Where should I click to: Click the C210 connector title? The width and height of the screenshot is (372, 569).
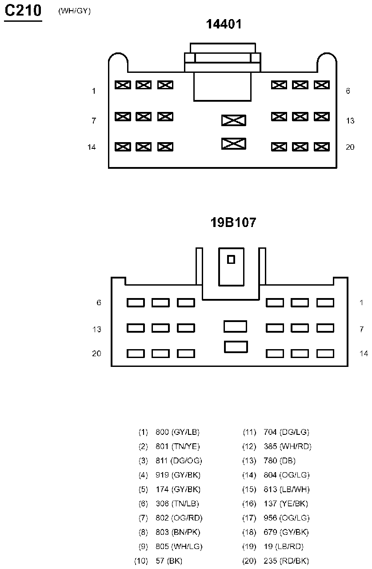(x=23, y=11)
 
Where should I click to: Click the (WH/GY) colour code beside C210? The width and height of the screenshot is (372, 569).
(x=75, y=11)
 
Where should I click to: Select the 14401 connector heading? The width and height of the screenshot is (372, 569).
(x=224, y=24)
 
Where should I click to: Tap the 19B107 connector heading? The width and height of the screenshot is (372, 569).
(x=233, y=222)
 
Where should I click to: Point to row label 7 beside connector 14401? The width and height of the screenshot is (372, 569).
(x=94, y=120)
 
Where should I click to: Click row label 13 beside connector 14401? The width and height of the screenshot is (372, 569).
(x=350, y=120)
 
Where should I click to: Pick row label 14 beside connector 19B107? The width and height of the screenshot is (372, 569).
(x=364, y=353)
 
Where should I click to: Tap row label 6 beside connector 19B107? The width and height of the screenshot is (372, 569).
(x=99, y=302)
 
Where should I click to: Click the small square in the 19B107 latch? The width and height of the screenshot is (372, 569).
(x=231, y=259)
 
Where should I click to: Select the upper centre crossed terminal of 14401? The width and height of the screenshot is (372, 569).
(x=233, y=120)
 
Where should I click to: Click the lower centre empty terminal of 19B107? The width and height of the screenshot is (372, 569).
(x=236, y=347)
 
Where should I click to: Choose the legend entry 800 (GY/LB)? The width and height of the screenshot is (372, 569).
(x=177, y=432)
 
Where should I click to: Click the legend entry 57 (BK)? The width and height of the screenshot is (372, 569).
(x=169, y=561)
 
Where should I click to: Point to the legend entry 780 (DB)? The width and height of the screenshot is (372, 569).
(x=280, y=461)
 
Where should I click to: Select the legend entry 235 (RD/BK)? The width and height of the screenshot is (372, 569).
(x=286, y=561)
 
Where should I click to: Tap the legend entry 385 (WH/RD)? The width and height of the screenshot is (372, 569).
(x=288, y=446)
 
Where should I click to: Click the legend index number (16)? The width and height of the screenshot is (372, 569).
(x=249, y=503)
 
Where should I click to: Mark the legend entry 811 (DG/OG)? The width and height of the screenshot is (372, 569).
(x=179, y=461)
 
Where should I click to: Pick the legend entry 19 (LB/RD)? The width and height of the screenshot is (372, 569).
(x=284, y=546)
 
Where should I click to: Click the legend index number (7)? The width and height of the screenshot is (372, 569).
(x=143, y=517)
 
